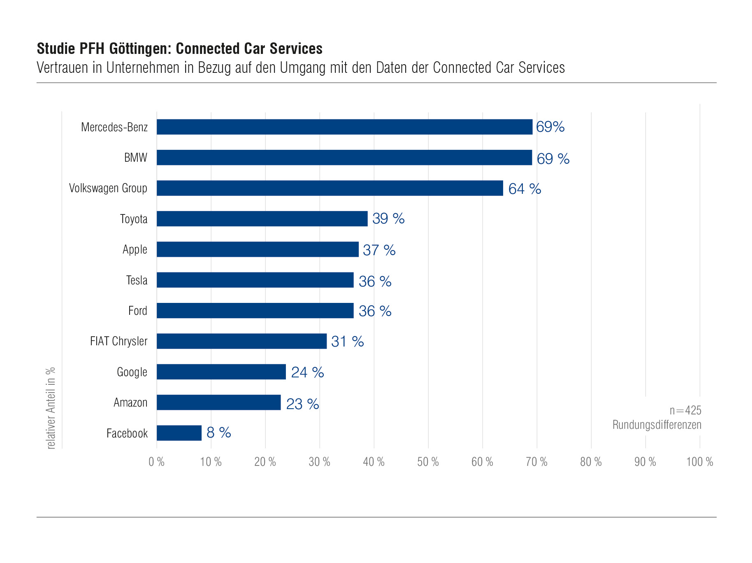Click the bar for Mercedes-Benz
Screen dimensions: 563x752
[344, 127]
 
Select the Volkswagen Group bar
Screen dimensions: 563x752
[330, 188]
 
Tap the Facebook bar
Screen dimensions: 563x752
[179, 433]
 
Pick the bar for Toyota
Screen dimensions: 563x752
[262, 219]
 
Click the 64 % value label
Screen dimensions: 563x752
[525, 189]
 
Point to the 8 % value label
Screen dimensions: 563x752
[218, 433]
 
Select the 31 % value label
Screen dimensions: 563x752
[347, 342]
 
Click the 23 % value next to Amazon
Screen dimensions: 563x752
[302, 404]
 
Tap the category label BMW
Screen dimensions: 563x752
[136, 158]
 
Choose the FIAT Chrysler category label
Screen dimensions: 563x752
[118, 341]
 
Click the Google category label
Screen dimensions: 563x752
[132, 372]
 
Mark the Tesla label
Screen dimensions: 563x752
[137, 280]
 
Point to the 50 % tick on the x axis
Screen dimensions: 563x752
[428, 462]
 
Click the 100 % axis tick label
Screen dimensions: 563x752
[699, 462]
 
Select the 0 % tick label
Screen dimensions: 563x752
[156, 462]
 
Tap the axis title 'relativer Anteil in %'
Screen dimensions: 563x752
[51, 408]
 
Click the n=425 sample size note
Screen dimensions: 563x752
[685, 410]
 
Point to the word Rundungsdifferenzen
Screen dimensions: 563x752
[657, 425]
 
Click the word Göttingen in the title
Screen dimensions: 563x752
[140, 49]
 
